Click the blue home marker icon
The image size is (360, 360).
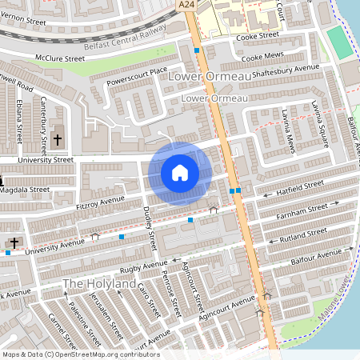[180, 173]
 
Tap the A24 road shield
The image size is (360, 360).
[186, 5]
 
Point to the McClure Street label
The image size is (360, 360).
[59, 58]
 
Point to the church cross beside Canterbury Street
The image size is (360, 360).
[57, 140]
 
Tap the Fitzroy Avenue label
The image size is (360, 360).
[100, 204]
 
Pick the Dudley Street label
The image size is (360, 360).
[150, 224]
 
